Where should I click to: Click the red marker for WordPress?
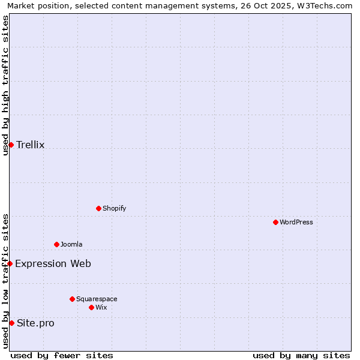click(275, 222)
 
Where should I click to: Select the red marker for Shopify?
click(98, 208)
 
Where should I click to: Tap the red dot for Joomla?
click(56, 244)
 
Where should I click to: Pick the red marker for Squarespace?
click(72, 299)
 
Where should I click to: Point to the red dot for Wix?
click(91, 307)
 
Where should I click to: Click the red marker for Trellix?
click(11, 145)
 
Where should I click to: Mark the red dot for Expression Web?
click(10, 263)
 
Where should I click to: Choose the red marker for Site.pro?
click(11, 323)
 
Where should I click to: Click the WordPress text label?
click(296, 223)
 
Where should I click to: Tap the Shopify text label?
click(114, 209)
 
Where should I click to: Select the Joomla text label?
click(71, 245)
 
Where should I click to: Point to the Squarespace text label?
click(97, 299)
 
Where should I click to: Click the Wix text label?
click(101, 308)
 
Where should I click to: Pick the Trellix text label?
click(31, 145)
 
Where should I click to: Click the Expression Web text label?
click(53, 264)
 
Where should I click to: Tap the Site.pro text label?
click(35, 323)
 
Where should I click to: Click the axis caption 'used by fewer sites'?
click(62, 355)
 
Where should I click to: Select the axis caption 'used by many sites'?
click(301, 355)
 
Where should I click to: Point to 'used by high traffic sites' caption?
click(5, 85)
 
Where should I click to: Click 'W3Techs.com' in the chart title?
click(323, 5)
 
